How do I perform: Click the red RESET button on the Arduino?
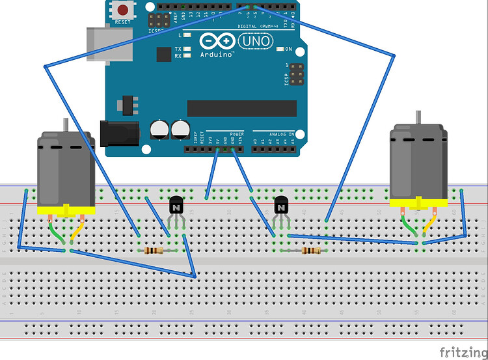tap(122, 10)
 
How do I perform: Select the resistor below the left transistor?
tap(154, 250)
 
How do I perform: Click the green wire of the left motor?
tap(55, 232)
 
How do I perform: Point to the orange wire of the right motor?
tap(429, 225)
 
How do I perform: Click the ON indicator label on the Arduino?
tap(288, 49)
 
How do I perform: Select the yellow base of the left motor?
tap(66, 210)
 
